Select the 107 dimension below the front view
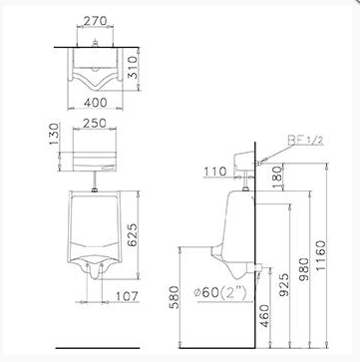tap(126, 296)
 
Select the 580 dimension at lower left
tap(174, 297)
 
